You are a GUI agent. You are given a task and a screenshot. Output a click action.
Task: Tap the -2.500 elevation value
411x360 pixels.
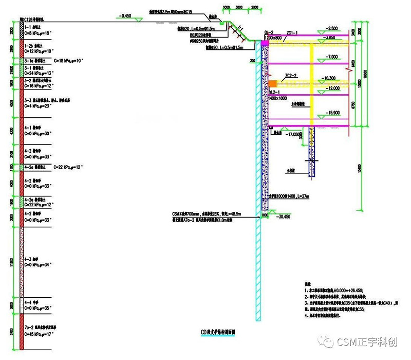(x=331, y=28)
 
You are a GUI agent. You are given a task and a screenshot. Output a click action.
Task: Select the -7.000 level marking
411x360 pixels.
(x=331, y=56)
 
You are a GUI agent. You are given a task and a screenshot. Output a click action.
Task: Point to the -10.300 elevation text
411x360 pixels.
(x=329, y=78)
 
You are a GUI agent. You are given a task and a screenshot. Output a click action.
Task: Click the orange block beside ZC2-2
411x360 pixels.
(x=273, y=83)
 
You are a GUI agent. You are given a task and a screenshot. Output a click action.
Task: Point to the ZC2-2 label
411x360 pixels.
(x=292, y=75)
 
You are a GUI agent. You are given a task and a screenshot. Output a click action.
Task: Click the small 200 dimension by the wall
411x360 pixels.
(x=252, y=61)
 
